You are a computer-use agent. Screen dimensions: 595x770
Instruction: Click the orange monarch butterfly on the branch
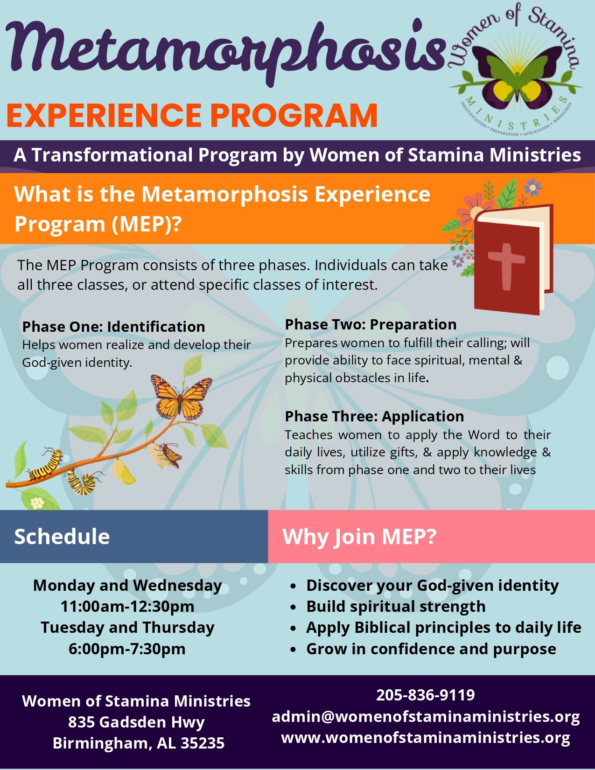[182, 396]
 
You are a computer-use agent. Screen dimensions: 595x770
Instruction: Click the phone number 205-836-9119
[425, 695]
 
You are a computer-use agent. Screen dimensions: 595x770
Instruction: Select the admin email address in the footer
[426, 716]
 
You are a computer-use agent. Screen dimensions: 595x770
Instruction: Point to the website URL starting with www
[426, 737]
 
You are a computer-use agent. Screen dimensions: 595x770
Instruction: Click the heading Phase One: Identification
[114, 327]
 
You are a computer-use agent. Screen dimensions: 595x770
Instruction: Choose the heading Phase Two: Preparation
[371, 325]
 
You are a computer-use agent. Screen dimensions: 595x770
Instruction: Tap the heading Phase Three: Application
[375, 416]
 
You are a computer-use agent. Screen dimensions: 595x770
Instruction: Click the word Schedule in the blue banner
[62, 537]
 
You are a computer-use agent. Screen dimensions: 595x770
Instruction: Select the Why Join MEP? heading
[359, 537]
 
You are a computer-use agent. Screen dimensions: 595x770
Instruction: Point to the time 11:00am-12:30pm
[127, 606]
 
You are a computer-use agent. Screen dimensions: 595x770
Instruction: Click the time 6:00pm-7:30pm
[127, 649]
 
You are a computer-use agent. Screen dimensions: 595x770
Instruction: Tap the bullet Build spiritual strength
[396, 606]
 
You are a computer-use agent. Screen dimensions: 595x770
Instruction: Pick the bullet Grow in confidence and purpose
[431, 649]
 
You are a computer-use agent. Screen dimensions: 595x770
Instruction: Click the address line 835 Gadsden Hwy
[136, 722]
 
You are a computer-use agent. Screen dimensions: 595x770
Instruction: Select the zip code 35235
[203, 743]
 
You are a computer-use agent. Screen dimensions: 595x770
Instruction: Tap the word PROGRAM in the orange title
[294, 115]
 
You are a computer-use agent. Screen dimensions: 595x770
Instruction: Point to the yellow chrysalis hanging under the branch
[124, 471]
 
